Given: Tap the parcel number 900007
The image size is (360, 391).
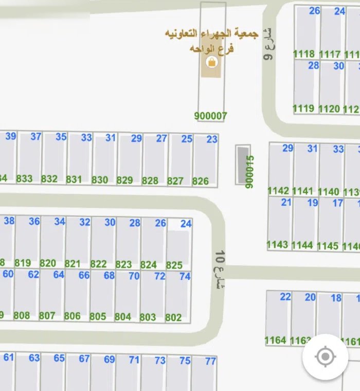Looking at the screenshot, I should coord(211,116).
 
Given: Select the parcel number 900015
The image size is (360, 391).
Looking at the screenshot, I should coord(250,172).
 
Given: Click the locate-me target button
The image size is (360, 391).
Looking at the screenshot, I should coord(325,357).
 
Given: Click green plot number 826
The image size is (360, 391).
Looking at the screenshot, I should coord(201,181).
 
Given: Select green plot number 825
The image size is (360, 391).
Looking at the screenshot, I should coord(174,265).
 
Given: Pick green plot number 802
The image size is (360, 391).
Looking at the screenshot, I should coord(173,317).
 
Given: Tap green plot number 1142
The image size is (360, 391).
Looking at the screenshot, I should coord(278,191).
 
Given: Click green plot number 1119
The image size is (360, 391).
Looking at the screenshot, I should coord(303,108).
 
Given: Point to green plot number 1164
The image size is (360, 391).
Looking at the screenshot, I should coord(275,340).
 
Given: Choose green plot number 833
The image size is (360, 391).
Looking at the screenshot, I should coord(24,179).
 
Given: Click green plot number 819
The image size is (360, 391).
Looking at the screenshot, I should coord(23,263).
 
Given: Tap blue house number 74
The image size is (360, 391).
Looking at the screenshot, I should coord(185,276).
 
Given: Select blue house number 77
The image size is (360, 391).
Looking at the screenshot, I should coord(210,361).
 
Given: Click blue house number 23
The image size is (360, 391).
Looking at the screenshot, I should coord(212,139).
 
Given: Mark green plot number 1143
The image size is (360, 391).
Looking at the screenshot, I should coord(278,244).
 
